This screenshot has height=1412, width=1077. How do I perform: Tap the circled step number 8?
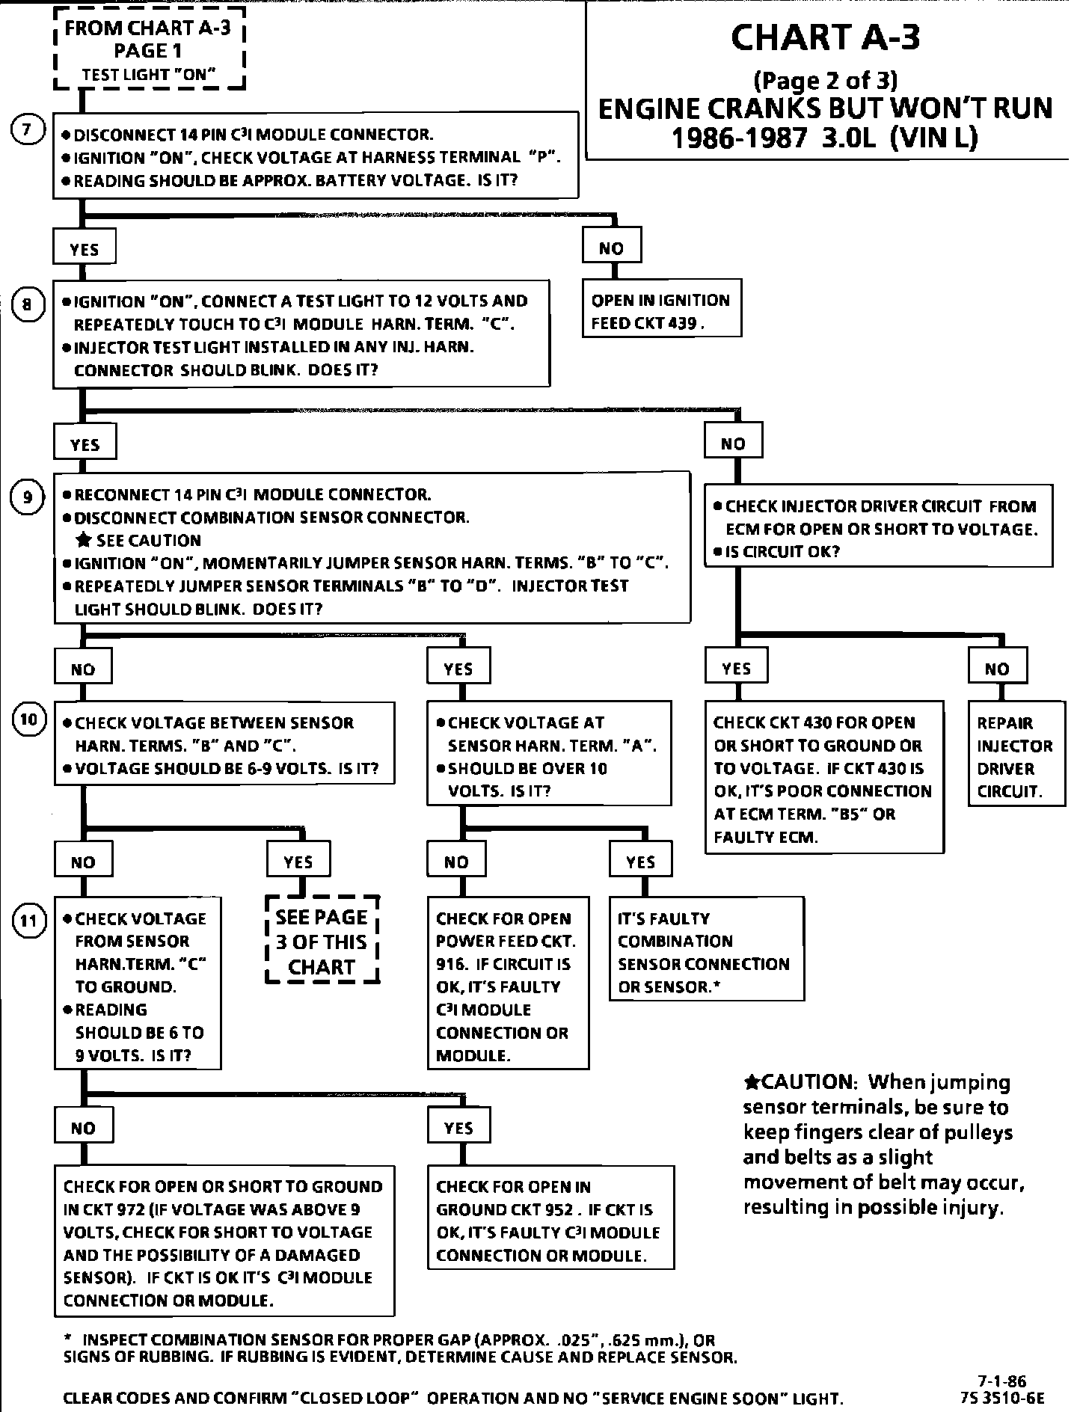27,304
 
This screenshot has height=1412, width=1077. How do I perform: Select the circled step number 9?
27,497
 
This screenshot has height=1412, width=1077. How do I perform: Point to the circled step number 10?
28,719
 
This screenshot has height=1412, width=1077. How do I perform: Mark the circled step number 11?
28,921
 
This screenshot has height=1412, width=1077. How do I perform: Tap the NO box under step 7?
611,248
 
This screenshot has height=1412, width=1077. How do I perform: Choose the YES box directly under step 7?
85,249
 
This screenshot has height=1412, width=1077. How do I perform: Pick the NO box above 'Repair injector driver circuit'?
996,667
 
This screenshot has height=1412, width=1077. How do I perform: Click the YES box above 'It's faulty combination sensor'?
641,861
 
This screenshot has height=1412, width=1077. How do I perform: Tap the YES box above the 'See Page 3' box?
298,862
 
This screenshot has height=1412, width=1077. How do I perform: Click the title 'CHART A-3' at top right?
825,37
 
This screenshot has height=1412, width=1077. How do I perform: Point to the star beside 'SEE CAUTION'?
85,540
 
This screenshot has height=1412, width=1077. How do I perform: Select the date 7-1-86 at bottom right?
1001,1381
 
